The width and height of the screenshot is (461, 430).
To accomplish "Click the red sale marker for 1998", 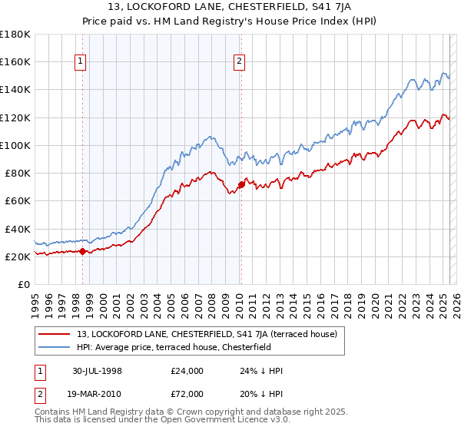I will click(82, 251).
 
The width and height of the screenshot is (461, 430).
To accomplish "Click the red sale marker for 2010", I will click(240, 184).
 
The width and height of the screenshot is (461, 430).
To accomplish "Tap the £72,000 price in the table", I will click(187, 394).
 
